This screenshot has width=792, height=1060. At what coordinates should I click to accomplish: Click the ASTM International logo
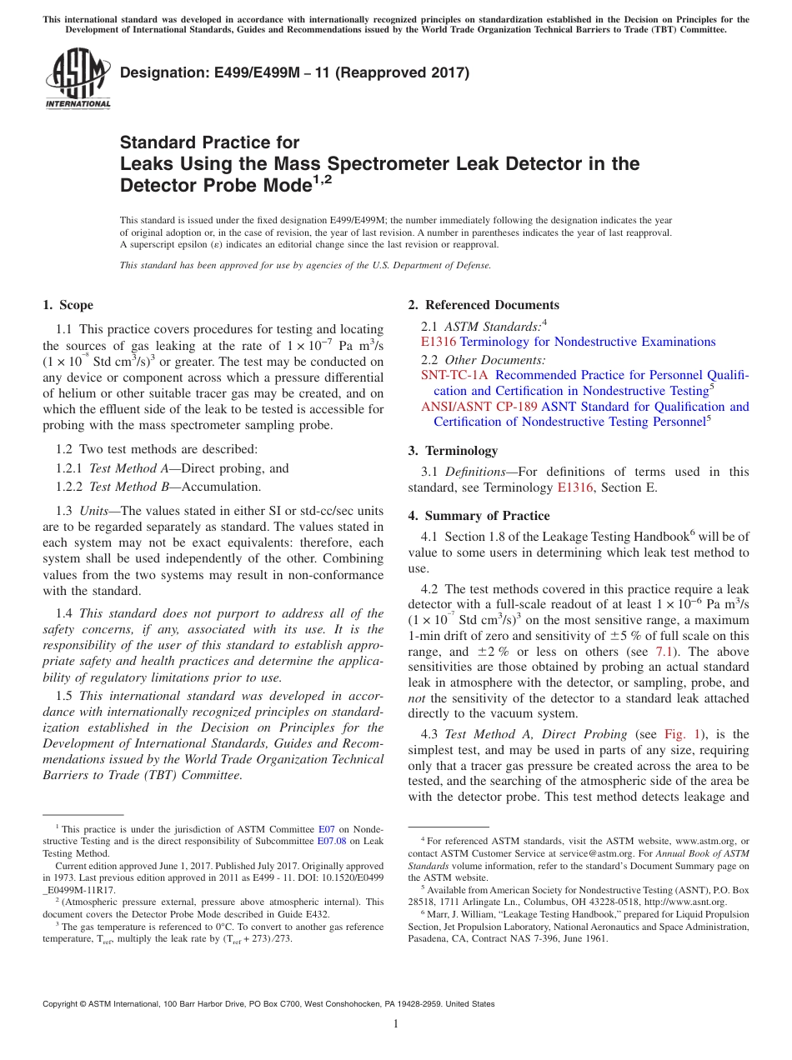click(x=77, y=80)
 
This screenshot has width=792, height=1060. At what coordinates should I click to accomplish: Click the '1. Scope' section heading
click(x=68, y=305)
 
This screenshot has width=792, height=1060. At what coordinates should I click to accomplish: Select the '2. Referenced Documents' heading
click(x=484, y=305)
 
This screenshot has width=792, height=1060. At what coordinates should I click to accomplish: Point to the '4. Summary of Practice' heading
click(x=479, y=516)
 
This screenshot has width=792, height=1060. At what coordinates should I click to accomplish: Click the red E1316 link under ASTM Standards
click(x=439, y=342)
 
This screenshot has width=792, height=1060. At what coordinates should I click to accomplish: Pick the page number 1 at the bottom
click(x=396, y=1023)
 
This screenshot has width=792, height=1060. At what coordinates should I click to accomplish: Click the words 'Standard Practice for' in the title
click(x=209, y=142)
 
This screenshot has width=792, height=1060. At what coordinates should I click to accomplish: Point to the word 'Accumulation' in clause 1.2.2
click(x=221, y=487)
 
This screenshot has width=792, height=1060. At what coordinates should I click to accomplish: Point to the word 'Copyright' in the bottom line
click(x=62, y=1004)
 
